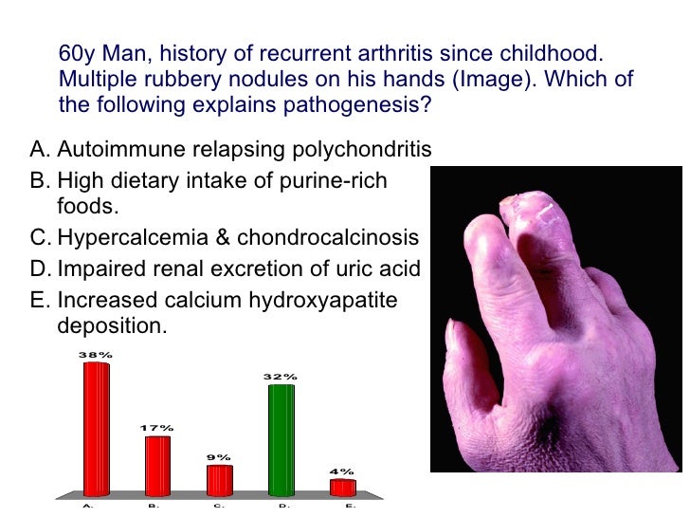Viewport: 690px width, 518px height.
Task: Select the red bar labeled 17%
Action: pyautogui.click(x=157, y=465)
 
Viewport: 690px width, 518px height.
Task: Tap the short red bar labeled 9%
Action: pyautogui.click(x=219, y=479)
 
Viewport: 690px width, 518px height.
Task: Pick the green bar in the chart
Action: pyautogui.click(x=281, y=439)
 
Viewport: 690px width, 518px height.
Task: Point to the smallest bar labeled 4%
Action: pyautogui.click(x=342, y=487)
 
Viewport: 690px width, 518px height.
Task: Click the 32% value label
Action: pyautogui.click(x=281, y=377)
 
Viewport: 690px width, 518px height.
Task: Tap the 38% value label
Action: pyautogui.click(x=97, y=355)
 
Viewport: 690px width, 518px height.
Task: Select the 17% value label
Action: pyautogui.click(x=157, y=429)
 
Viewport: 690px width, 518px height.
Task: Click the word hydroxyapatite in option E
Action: pyautogui.click(x=322, y=301)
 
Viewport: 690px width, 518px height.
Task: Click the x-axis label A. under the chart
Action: pyautogui.click(x=88, y=506)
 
